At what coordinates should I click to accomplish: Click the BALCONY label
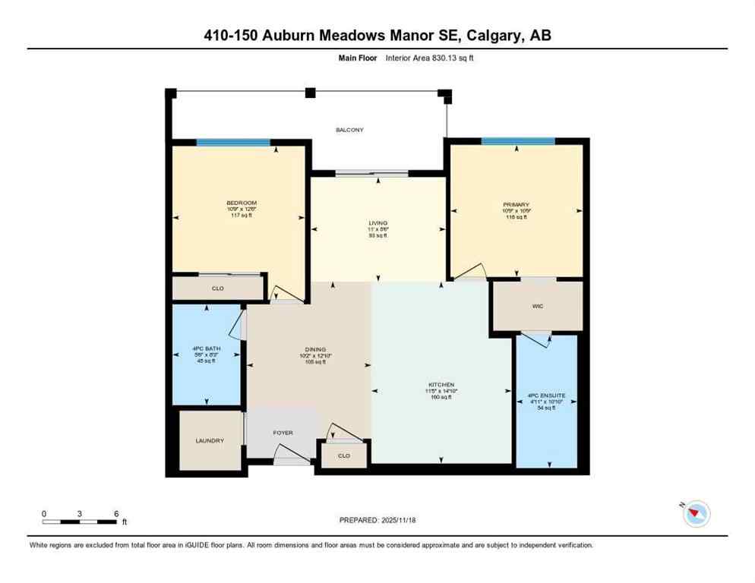(x=349, y=130)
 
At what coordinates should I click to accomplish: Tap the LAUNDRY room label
(x=209, y=440)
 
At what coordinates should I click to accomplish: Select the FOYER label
(x=283, y=433)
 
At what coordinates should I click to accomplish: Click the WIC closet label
(x=537, y=307)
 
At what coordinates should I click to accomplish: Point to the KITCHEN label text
(x=441, y=384)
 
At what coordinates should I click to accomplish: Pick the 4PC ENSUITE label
(x=547, y=395)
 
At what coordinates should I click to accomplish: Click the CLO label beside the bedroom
(x=217, y=289)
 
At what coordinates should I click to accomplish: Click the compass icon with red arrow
(x=696, y=514)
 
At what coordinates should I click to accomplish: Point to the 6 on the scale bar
(x=115, y=513)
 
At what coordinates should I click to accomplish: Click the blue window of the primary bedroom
(x=518, y=141)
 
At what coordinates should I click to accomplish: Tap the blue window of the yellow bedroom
(x=233, y=142)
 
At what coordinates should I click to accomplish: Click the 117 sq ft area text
(x=242, y=216)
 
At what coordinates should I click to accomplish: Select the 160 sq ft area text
(x=441, y=397)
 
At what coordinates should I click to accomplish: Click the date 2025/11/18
(x=396, y=520)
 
